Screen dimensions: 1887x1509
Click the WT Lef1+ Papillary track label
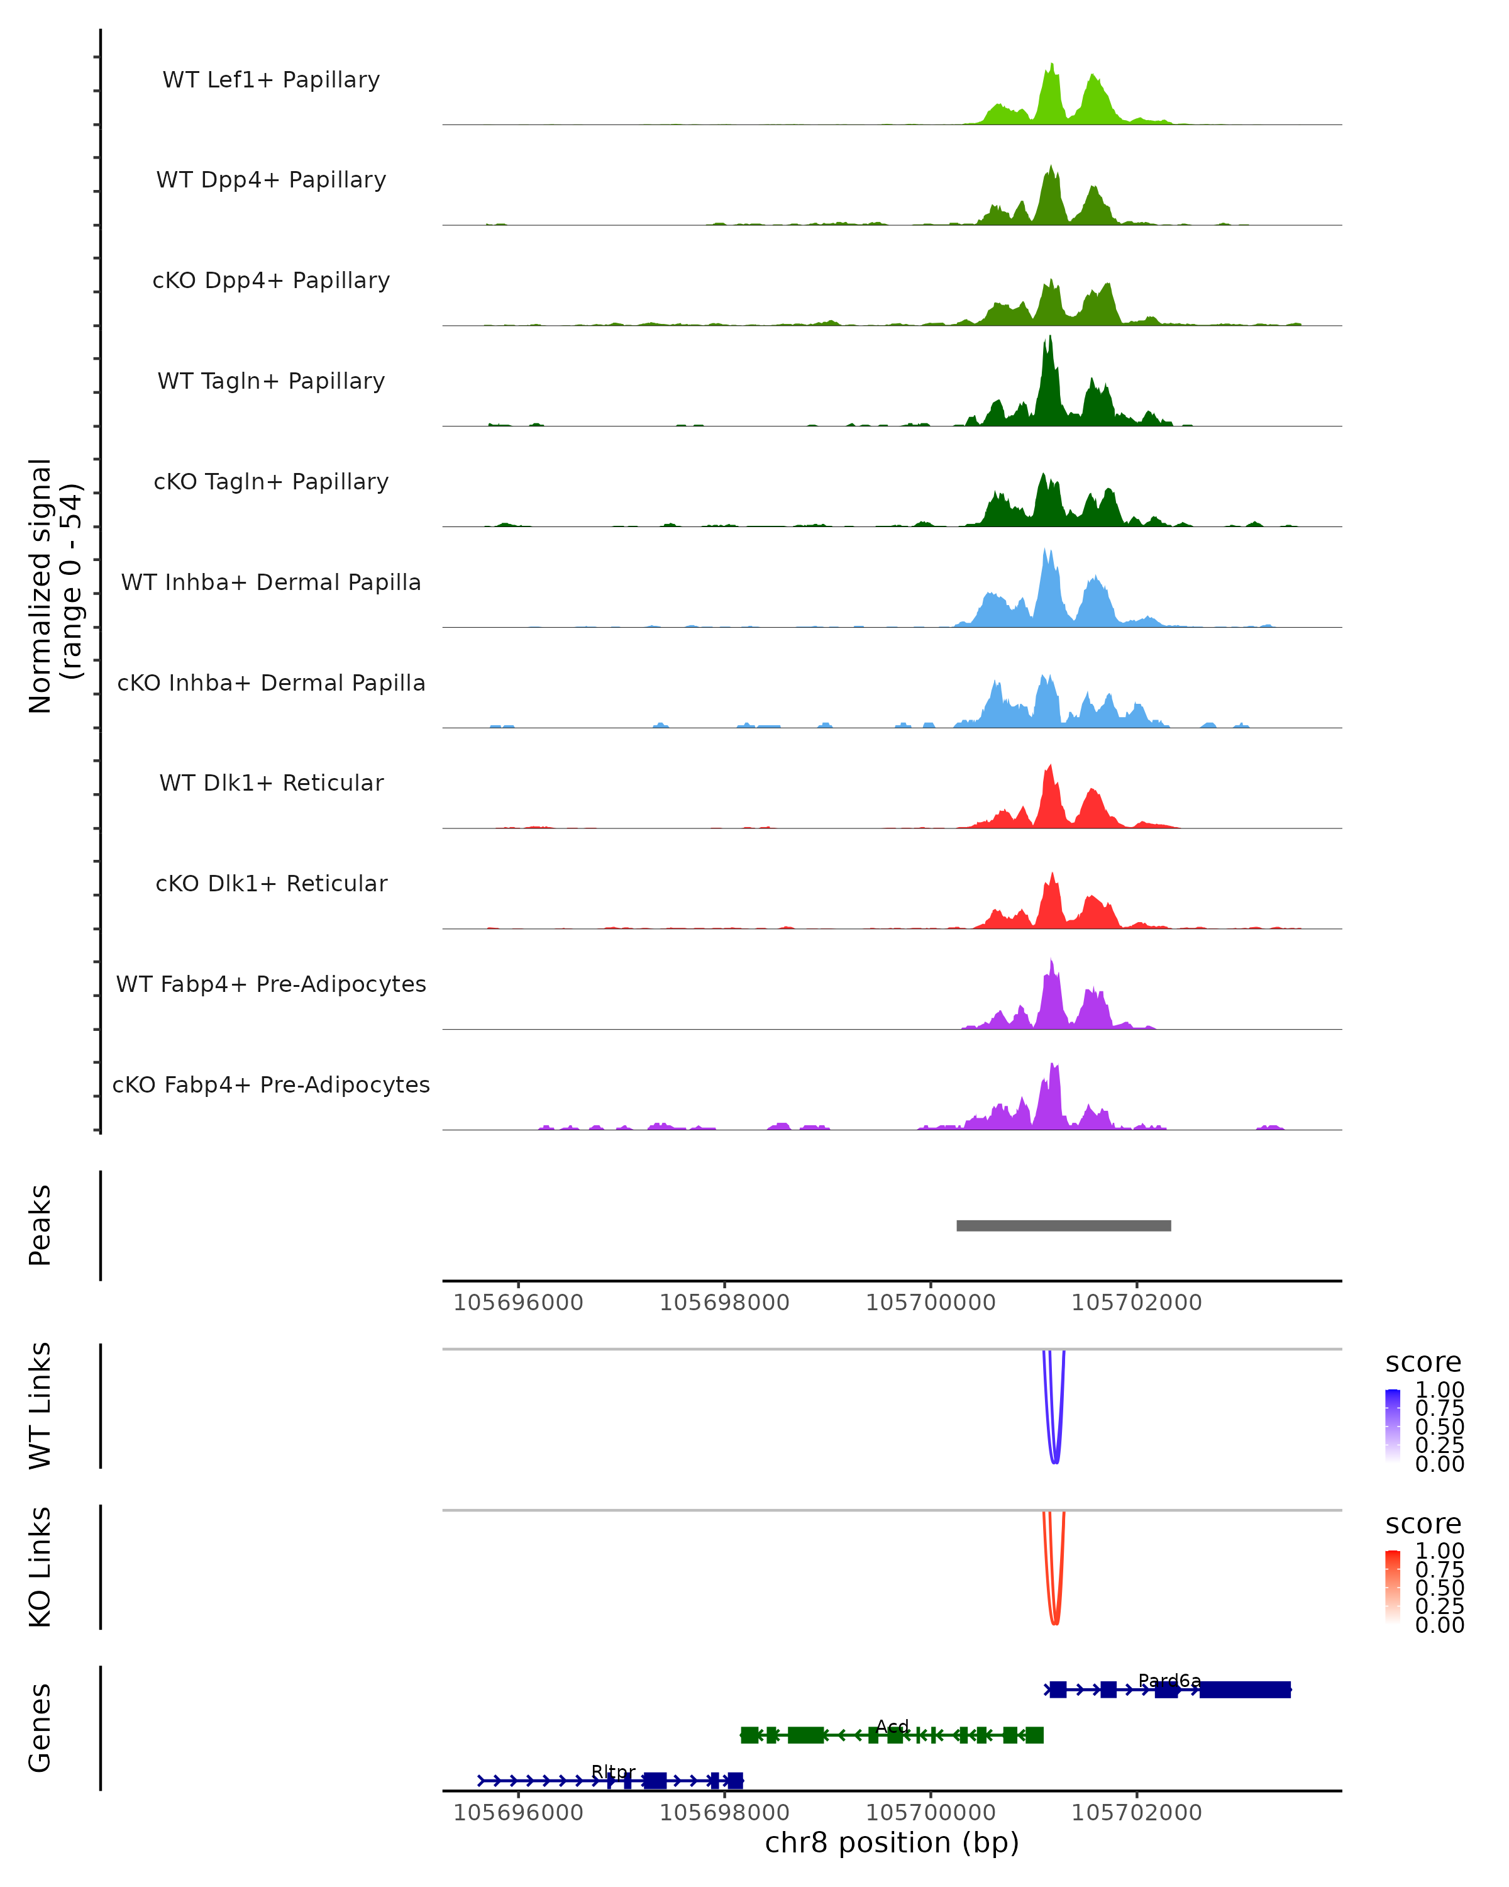point(271,80)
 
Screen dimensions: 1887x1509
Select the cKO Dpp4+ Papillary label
point(271,281)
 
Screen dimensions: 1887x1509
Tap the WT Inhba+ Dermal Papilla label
point(271,583)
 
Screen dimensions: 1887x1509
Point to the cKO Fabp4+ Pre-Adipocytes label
point(271,1085)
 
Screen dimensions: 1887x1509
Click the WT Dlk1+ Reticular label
point(271,783)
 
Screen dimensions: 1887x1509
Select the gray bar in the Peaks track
point(1063,1225)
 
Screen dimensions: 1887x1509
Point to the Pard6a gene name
point(1169,1681)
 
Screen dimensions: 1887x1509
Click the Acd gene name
point(892,1726)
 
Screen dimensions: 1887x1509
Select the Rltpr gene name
point(613,1771)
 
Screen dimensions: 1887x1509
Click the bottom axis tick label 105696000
point(518,1813)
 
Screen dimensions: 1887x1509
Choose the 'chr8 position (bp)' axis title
point(892,1843)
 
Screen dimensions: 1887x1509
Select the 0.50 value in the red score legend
point(1439,1588)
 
